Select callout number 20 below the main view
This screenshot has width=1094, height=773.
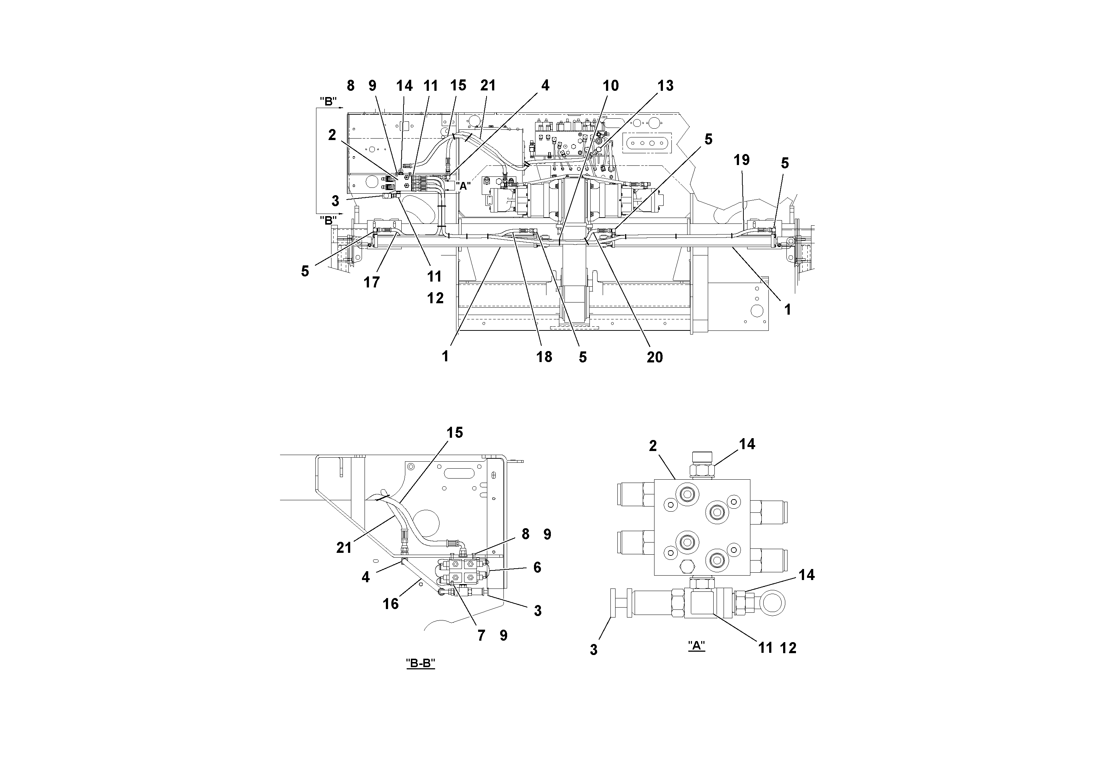pyautogui.click(x=654, y=357)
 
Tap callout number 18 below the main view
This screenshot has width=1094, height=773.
pyautogui.click(x=544, y=357)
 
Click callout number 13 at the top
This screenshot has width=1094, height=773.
pyautogui.click(x=665, y=86)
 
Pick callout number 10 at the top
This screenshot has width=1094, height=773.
pyautogui.click(x=610, y=86)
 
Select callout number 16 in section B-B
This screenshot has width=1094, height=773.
pyautogui.click(x=390, y=604)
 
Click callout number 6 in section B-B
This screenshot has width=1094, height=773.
pyautogui.click(x=537, y=567)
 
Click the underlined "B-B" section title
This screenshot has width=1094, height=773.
pyautogui.click(x=420, y=663)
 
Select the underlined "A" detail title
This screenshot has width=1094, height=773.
pyautogui.click(x=696, y=646)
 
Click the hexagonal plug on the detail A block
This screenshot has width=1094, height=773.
pyautogui.click(x=685, y=567)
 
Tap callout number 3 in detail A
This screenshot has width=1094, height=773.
pyautogui.click(x=593, y=649)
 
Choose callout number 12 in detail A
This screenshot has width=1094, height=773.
pyautogui.click(x=788, y=648)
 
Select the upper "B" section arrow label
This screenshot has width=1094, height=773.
pyautogui.click(x=328, y=101)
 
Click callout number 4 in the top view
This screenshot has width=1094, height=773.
pyautogui.click(x=545, y=86)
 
